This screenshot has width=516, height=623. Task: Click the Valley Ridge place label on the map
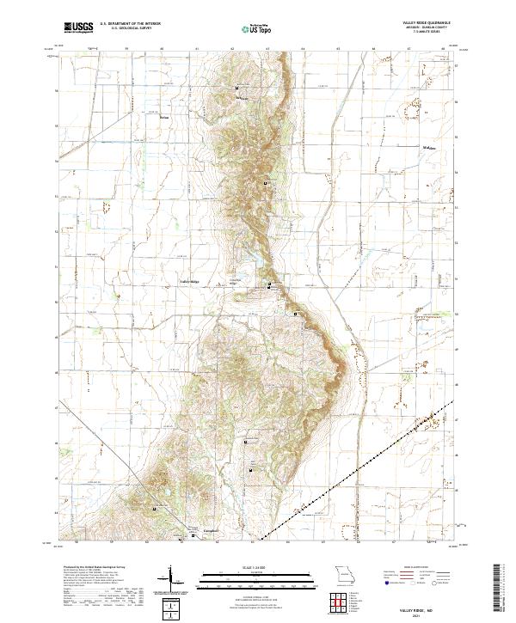(x=188, y=282)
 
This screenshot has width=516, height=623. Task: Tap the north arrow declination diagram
(x=171, y=575)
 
